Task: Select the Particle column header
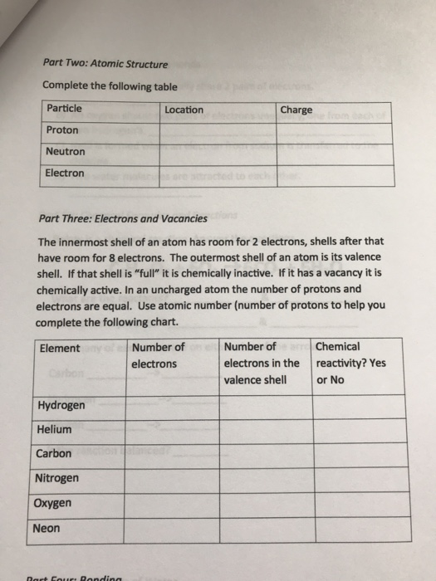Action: coord(64,109)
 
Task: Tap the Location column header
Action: coord(184,110)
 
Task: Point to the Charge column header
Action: coord(296,110)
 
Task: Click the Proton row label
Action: coord(62,130)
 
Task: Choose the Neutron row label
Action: coord(65,152)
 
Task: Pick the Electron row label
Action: coord(65,173)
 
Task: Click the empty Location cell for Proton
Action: coord(217,131)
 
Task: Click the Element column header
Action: coord(59,348)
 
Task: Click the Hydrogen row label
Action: coord(61,405)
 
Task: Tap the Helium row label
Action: coord(54,430)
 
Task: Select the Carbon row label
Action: coord(54,454)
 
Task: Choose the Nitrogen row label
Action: coord(57,478)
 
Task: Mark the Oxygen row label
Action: coord(54,503)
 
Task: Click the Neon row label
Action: coord(48,528)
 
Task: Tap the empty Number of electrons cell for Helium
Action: coord(173,430)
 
